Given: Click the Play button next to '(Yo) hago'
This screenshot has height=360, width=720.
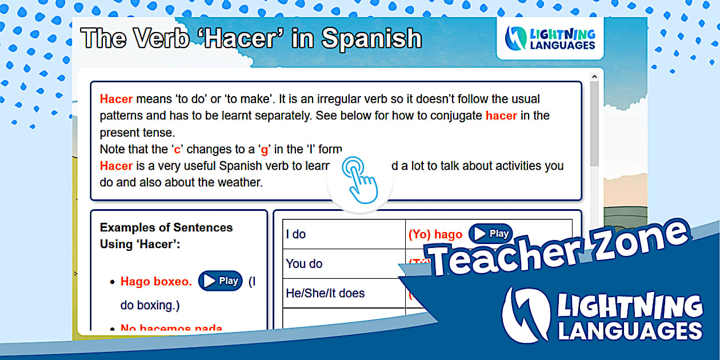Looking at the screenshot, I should tap(491, 234).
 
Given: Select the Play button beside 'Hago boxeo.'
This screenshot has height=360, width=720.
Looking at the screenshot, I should tap(221, 281).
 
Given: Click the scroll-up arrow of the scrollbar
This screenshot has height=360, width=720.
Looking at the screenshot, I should tap(594, 77).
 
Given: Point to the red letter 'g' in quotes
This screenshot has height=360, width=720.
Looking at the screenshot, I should tap(264, 150).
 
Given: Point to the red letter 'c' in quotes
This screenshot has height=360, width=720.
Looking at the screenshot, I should tap(177, 150).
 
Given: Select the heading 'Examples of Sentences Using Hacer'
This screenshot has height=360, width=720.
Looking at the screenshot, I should tap(166, 235).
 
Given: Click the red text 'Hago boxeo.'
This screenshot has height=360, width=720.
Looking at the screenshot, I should tap(155, 281).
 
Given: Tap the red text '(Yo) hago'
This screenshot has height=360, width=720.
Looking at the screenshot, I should tap(435, 234).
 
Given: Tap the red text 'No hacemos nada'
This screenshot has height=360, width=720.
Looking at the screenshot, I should tap(171, 329).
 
